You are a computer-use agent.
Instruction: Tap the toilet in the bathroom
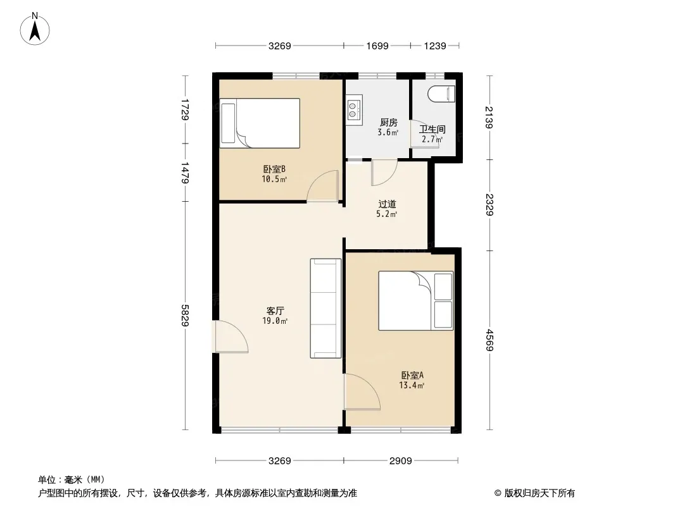442,94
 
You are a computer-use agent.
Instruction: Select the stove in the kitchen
354,110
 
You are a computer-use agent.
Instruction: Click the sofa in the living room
326,308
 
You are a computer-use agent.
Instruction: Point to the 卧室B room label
274,169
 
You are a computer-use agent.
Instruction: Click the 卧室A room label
412,375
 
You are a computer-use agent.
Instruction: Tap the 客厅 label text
275,311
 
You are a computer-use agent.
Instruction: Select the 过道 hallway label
387,204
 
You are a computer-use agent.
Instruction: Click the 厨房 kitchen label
388,123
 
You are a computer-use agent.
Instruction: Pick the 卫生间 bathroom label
432,129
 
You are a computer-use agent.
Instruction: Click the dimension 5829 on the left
185,316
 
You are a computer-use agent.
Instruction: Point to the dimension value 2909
401,461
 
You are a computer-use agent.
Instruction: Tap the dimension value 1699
377,46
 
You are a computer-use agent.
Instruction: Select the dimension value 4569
489,340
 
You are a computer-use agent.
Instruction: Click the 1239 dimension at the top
435,46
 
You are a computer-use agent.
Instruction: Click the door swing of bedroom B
322,186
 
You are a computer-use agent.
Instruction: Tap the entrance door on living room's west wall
231,337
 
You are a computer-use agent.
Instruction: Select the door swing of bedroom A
362,392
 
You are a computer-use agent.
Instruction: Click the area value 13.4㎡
412,385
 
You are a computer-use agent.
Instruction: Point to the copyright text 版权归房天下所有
539,493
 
